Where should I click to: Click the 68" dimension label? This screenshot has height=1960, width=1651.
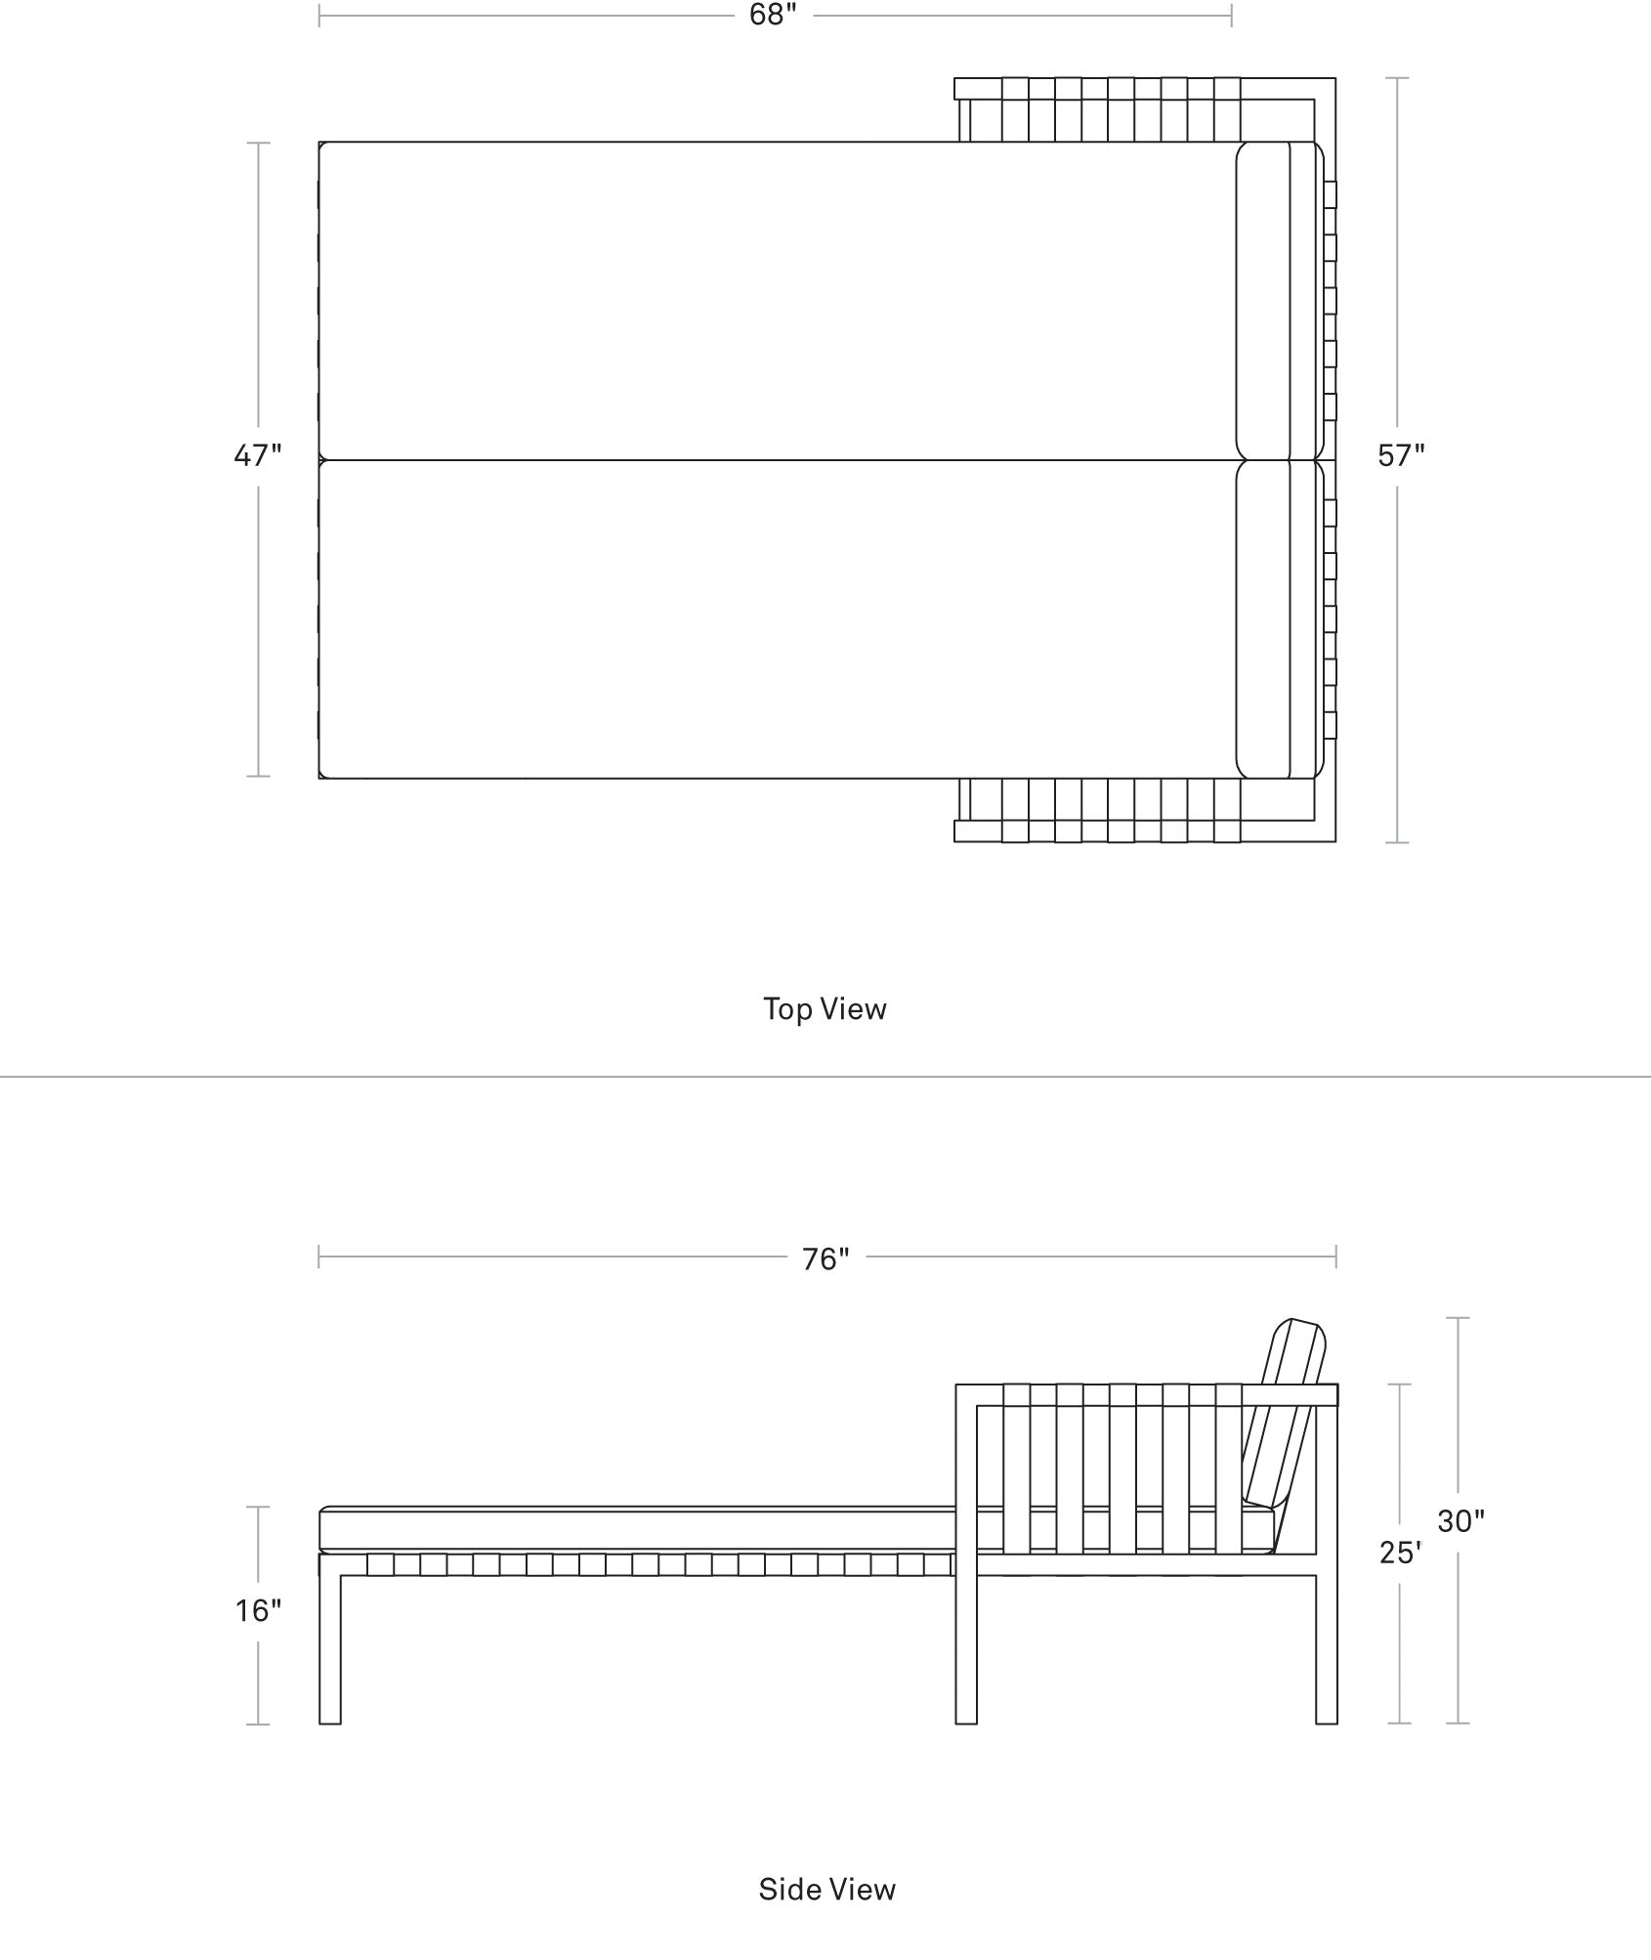[x=773, y=16]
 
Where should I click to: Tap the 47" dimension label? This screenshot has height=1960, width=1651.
[x=258, y=455]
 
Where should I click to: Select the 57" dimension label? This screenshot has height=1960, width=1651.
[x=1401, y=455]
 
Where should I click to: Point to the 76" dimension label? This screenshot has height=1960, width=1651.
[x=825, y=1259]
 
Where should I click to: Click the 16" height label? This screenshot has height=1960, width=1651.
[x=258, y=1609]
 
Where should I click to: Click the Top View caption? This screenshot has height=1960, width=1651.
[x=825, y=1008]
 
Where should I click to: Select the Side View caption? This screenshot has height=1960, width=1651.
[x=826, y=1889]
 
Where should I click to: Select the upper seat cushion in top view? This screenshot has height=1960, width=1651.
[x=777, y=301]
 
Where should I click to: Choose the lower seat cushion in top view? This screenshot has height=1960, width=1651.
[x=777, y=619]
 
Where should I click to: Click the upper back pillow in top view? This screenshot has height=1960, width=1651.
[x=1263, y=301]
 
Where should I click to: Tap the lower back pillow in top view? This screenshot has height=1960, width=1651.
[x=1263, y=619]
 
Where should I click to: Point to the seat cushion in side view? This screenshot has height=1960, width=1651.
[x=796, y=1529]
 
